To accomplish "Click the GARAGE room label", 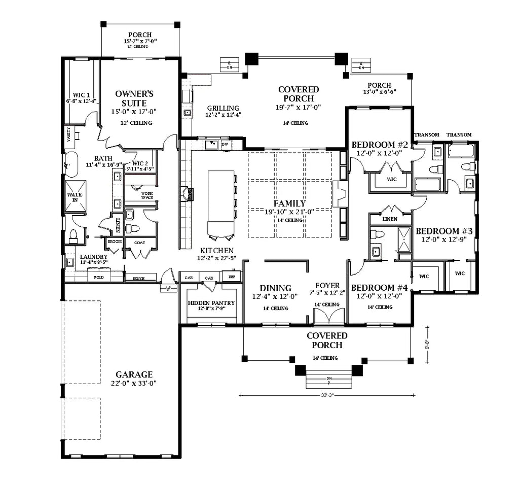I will click(134, 375).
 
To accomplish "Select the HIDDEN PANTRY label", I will click(211, 303).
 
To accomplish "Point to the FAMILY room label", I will click(289, 203).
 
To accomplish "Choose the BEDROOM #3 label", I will click(444, 230).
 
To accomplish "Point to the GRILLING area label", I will click(223, 108).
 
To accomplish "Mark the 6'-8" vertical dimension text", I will click(427, 345).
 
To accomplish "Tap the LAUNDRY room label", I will click(94, 257).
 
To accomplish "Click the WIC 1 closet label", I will click(81, 95).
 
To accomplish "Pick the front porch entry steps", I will click(329, 380).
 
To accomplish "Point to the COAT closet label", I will click(139, 243).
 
